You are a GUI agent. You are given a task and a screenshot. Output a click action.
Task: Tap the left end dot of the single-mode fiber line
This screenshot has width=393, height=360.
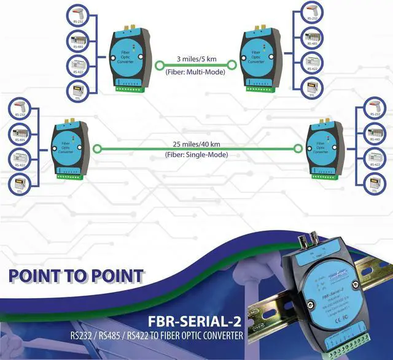(x=98, y=148)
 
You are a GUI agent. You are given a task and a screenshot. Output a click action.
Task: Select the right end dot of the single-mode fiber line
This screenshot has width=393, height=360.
(x=298, y=148)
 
